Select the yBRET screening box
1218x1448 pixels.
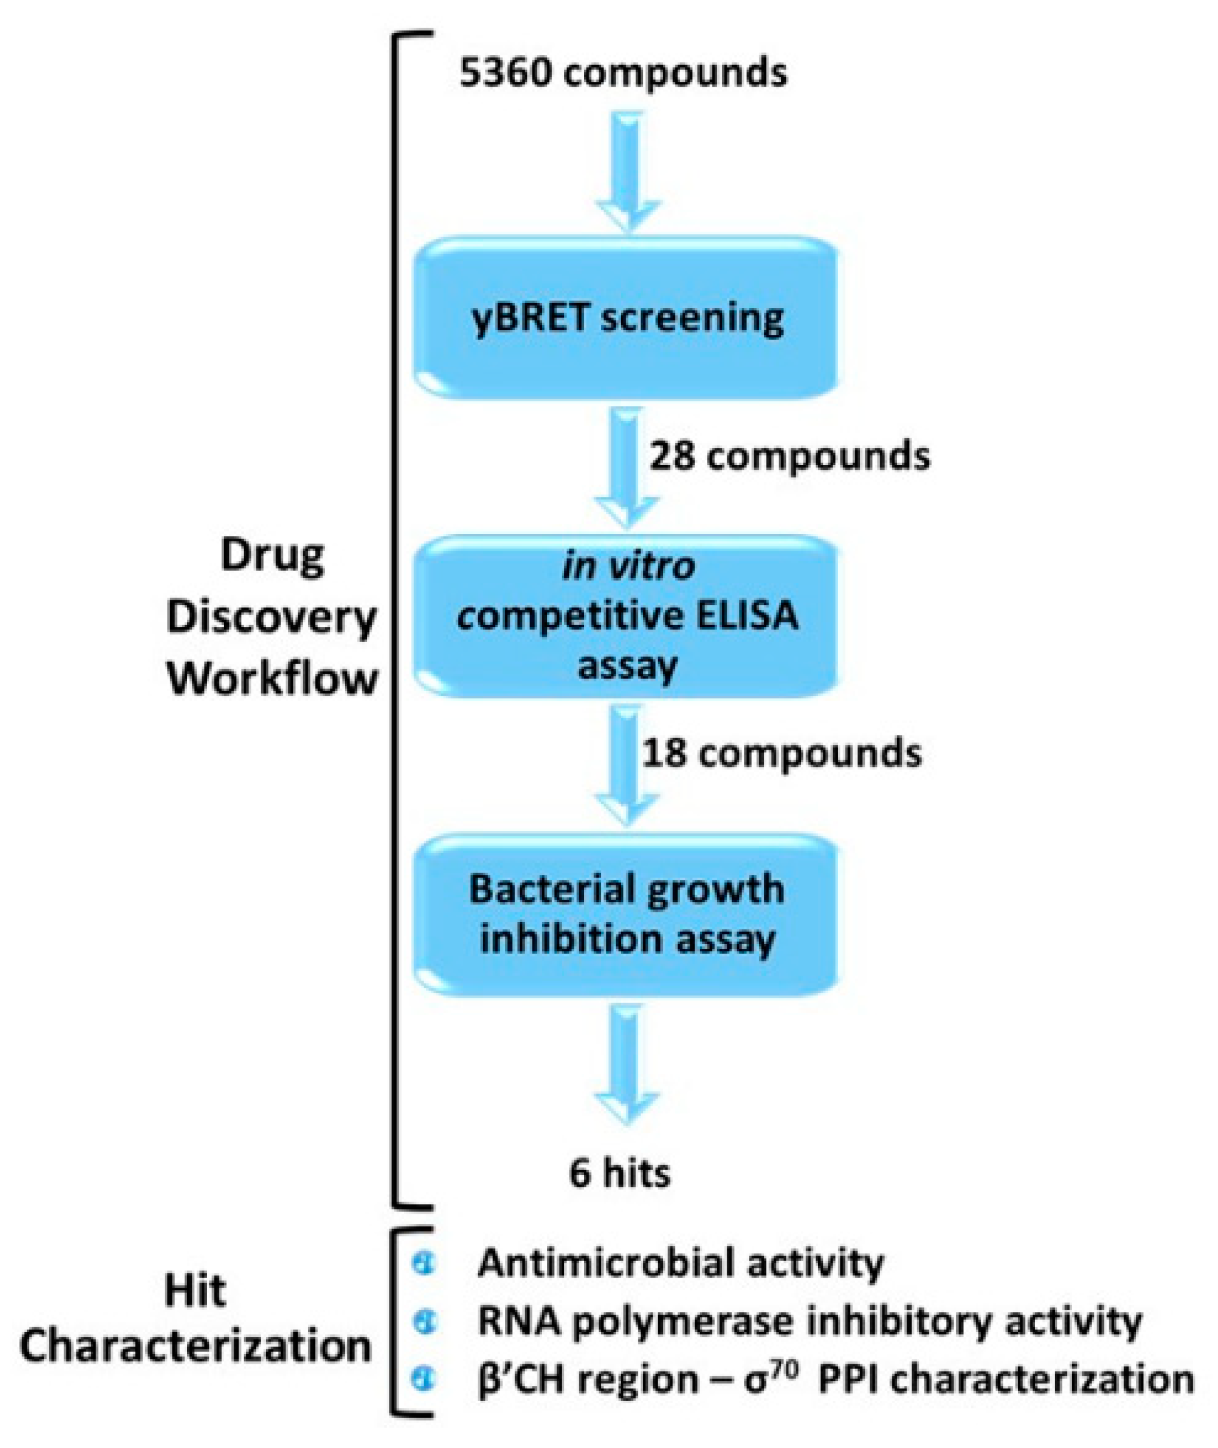tap(626, 318)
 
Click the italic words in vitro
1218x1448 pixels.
tap(628, 567)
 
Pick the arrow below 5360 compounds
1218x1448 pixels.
tap(627, 173)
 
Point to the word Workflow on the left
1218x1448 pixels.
tap(273, 679)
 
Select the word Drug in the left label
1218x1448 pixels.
tap(272, 556)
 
